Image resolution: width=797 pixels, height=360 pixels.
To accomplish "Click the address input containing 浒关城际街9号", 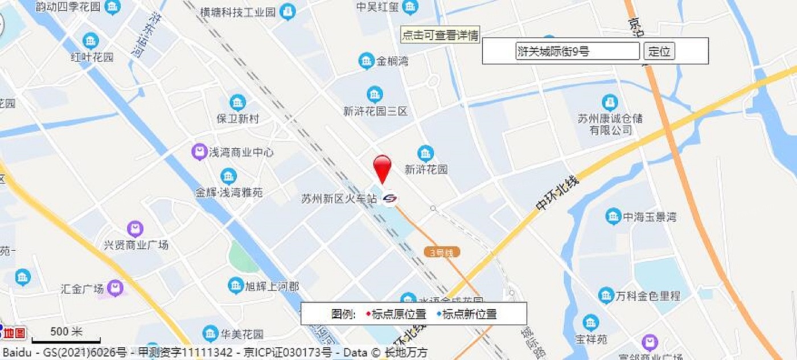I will (577, 51).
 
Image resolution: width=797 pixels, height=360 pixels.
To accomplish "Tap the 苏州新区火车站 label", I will (339, 199).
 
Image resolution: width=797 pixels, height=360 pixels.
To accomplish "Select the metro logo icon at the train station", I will (390, 198).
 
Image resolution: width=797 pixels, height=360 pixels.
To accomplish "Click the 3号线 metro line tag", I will (442, 252).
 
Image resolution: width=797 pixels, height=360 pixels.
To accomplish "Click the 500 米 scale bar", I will (66, 336).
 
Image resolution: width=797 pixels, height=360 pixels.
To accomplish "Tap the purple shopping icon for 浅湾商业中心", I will (199, 152).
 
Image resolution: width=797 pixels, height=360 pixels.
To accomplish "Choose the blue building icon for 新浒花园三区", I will (375, 95).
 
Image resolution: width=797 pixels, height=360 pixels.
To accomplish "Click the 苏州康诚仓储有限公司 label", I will (610, 124).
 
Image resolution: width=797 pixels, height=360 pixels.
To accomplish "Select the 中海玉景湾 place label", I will (649, 217).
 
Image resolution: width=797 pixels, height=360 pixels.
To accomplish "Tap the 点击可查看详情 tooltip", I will (440, 35).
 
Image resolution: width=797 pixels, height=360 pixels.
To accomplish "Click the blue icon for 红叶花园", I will (91, 41).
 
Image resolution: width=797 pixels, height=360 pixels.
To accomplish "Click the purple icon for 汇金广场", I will (116, 288).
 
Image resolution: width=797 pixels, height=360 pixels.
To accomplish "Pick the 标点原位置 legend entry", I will (398, 314).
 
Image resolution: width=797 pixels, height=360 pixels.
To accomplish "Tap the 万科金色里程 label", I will (648, 296).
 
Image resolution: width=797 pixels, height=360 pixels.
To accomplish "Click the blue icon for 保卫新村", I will (237, 103).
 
